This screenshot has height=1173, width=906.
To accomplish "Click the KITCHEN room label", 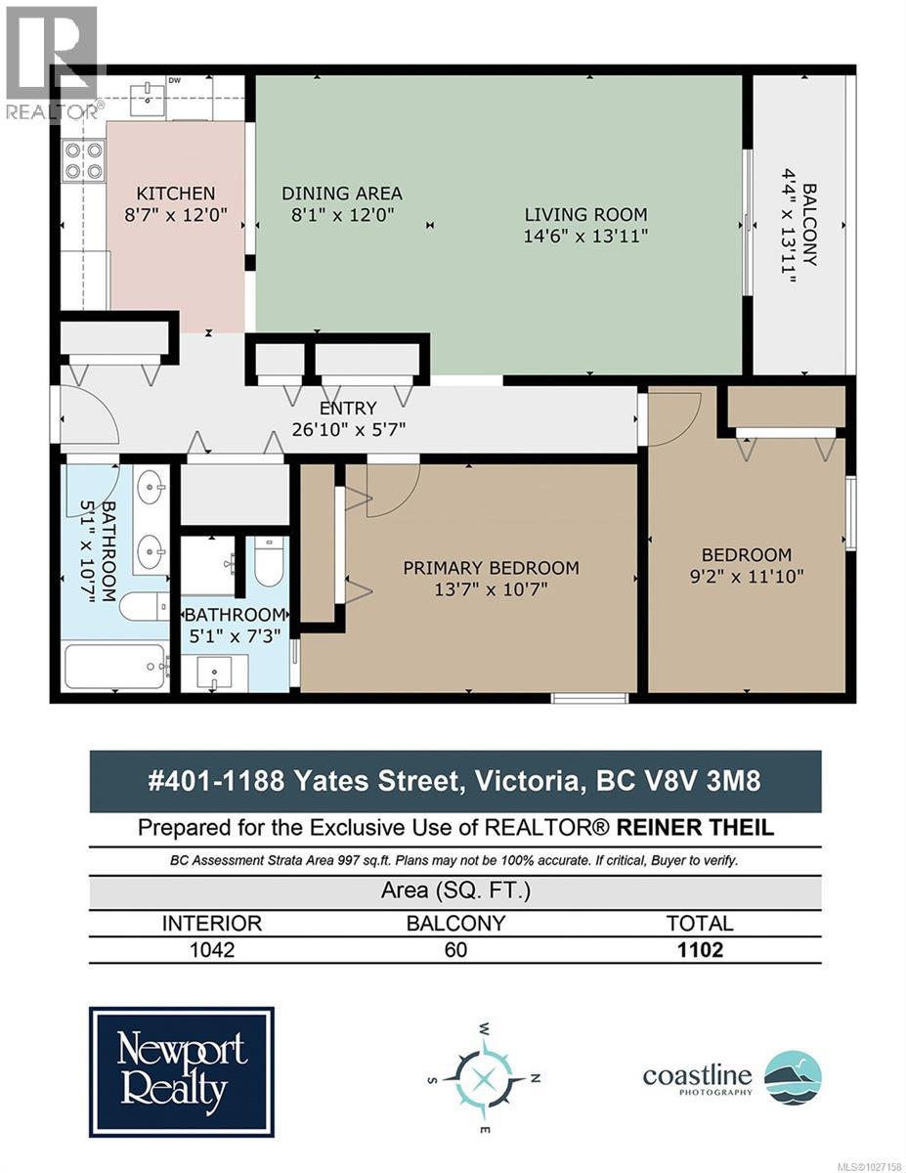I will (x=175, y=194).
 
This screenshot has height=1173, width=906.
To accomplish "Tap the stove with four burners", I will (x=83, y=161).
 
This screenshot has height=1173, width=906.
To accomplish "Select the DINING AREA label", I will (x=341, y=194).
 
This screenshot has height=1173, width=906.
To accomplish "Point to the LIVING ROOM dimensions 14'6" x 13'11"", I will (x=585, y=236).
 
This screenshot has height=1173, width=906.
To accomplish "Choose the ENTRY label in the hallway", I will (x=348, y=408).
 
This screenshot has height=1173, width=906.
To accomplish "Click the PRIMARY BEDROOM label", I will (x=491, y=568).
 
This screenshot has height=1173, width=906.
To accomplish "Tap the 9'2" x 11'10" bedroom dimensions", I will (x=747, y=576).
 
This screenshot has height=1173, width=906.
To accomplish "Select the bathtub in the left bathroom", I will (x=114, y=667).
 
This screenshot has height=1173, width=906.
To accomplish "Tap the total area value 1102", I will (x=699, y=949).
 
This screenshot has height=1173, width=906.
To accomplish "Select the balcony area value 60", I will (x=454, y=949).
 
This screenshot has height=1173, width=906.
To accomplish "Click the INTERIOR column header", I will (x=211, y=923).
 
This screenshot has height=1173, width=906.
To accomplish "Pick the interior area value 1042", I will (x=211, y=949).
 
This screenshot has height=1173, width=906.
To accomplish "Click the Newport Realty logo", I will (x=182, y=1071).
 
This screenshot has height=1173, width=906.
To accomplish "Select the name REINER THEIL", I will (x=694, y=828).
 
